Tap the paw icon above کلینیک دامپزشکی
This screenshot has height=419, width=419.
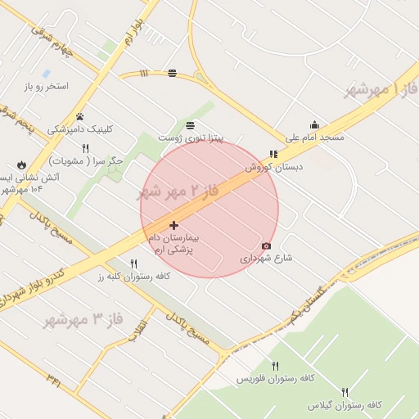click(79, 116)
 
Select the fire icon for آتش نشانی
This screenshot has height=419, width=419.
click(21, 164)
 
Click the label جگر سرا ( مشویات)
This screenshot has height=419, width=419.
click(85, 161)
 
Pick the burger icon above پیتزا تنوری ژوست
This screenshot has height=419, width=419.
click(190, 125)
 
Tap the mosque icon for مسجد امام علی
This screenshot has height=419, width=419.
click(314, 125)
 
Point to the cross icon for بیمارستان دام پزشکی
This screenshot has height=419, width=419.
click(173, 225)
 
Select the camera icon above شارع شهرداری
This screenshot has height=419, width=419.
click(266, 246)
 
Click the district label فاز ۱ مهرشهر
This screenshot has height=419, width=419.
click(381, 88)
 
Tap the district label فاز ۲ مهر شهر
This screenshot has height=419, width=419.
click(178, 193)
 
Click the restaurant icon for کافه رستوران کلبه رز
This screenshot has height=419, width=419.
click(133, 264)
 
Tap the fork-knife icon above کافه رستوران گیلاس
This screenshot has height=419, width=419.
click(345, 393)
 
